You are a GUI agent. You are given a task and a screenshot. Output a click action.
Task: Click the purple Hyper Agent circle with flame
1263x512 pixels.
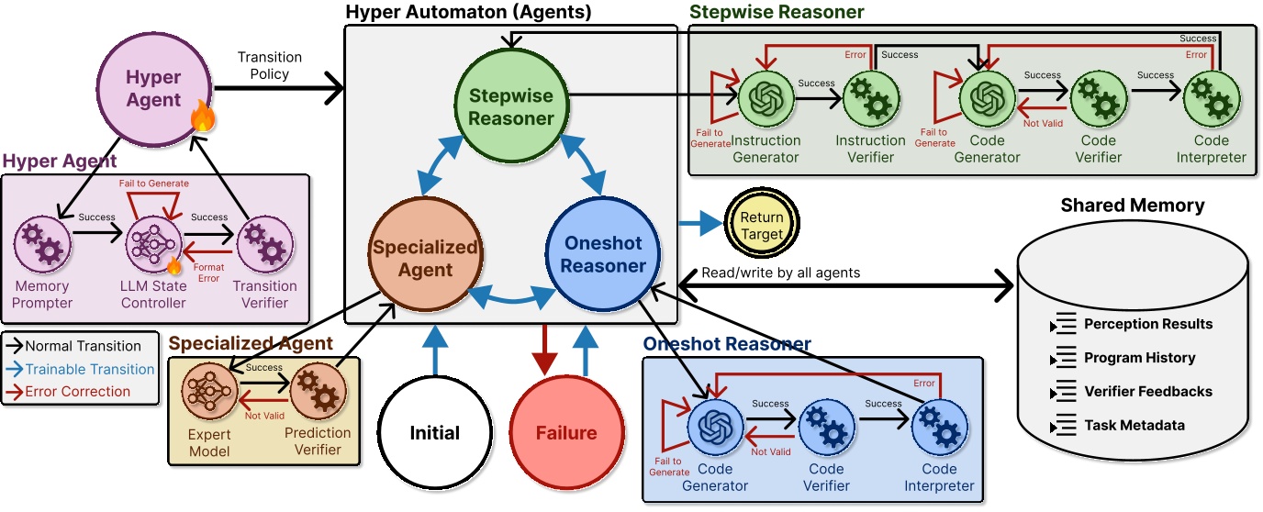(154, 89)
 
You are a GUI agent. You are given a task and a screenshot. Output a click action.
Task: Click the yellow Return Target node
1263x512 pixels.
(762, 226)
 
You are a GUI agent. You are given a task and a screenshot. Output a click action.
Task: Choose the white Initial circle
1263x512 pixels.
(435, 433)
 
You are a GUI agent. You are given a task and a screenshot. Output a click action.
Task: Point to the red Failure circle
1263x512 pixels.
(565, 433)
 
